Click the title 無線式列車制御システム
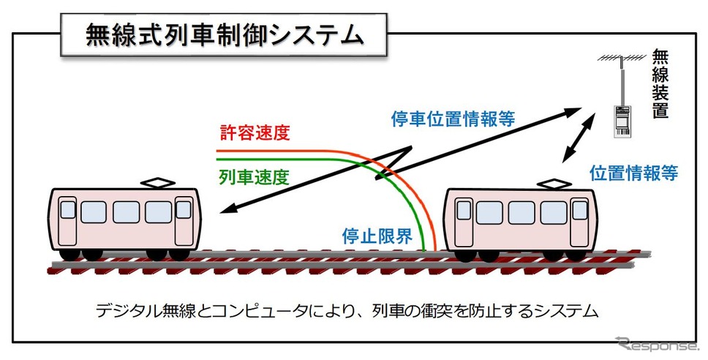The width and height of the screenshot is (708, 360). point(225,35)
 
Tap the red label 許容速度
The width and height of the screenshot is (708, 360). point(255,132)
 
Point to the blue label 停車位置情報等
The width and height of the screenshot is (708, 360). point(453,119)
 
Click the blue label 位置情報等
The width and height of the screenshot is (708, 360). point(633,173)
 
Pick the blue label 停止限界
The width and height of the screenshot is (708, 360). point(377,236)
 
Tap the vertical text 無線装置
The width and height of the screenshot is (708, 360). point(660,83)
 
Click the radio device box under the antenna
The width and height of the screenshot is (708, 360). point(623,121)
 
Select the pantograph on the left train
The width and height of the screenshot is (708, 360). point(157,183)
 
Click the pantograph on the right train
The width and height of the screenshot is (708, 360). point(553,184)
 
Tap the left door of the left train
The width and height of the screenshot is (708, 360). point(68,221)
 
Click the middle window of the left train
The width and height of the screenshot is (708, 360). point(126,212)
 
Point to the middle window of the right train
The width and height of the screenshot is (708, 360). point(521,213)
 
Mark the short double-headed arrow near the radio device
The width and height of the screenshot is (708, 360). point(578,139)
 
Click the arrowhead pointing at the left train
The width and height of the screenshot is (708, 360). point(228,209)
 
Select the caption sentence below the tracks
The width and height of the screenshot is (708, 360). point(347,311)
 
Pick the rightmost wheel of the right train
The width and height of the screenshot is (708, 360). point(575,255)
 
